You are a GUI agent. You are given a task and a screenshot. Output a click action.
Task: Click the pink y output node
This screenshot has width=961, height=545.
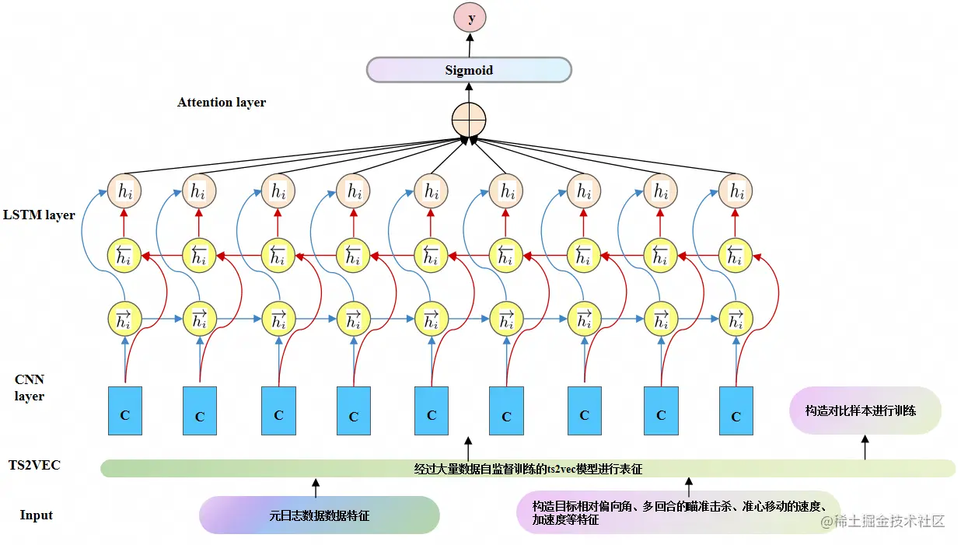coord(471,18)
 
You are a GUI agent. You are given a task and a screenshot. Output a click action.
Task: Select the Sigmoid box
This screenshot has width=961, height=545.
coord(469,70)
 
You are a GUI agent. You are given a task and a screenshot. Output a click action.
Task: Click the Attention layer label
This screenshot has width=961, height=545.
coord(222,103)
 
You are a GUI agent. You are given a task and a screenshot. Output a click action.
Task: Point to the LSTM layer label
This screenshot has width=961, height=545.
coord(39,215)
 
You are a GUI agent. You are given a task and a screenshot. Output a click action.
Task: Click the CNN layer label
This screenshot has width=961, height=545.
coord(30,388)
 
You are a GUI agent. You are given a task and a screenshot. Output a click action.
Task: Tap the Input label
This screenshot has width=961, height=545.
coord(37,515)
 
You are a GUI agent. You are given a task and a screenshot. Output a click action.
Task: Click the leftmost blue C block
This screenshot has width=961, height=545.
coord(124,410)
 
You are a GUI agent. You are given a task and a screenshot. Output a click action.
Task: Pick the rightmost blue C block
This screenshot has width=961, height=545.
coord(736,410)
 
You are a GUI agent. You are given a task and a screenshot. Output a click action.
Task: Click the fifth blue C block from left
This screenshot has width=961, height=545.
coord(432,410)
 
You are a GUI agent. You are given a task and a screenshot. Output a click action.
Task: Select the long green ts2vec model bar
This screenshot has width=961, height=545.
coord(528,469)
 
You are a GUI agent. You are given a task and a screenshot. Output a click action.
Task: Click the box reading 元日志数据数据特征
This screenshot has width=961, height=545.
coord(320,515)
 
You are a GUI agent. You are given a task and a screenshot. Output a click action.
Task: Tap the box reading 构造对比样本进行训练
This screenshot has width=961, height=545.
coord(865,410)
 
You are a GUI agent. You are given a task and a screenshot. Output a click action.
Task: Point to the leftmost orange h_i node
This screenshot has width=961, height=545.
coord(123,190)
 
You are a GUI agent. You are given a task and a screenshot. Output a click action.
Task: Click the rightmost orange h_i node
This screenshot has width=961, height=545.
coord(735,190)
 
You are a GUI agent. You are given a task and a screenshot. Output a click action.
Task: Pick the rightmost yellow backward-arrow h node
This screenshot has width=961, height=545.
coord(735,255)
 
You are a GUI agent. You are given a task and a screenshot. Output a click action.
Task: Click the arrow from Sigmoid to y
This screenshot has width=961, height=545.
coord(470,44)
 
